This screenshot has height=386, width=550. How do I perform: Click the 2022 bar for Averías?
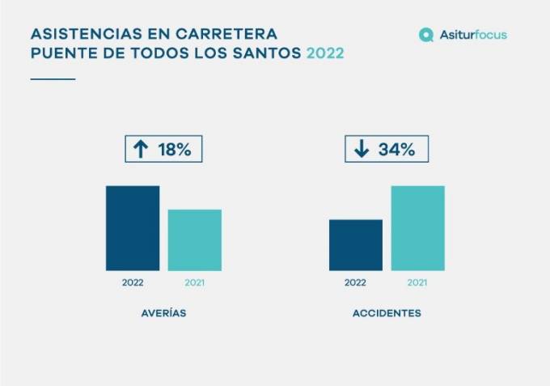pyautogui.click(x=133, y=228)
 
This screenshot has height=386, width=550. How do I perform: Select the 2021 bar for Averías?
pyautogui.click(x=194, y=240)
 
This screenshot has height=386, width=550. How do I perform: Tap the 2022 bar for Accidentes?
pyautogui.click(x=355, y=245)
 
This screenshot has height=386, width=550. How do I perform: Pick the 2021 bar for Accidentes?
pyautogui.click(x=417, y=228)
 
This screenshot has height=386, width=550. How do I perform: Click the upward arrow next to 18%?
pyautogui.click(x=141, y=149)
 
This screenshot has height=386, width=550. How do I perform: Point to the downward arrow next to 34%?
pyautogui.click(x=362, y=149)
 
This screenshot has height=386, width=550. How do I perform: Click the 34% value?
pyautogui.click(x=396, y=149)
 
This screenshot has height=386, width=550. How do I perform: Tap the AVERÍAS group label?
pyautogui.click(x=163, y=313)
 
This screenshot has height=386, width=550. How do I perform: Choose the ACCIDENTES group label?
pyautogui.click(x=387, y=313)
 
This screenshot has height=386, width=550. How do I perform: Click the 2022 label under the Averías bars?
pyautogui.click(x=133, y=283)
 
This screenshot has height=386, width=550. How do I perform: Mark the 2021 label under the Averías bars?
pyautogui.click(x=194, y=283)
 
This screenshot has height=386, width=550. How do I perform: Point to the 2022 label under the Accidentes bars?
pyautogui.click(x=355, y=283)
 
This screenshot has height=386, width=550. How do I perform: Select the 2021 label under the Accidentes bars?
pyautogui.click(x=417, y=283)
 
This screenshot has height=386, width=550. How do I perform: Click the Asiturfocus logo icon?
pyautogui.click(x=426, y=35)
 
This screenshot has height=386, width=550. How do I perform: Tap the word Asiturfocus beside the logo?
pyautogui.click(x=474, y=35)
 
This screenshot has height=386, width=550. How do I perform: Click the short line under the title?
pyautogui.click(x=53, y=78)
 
